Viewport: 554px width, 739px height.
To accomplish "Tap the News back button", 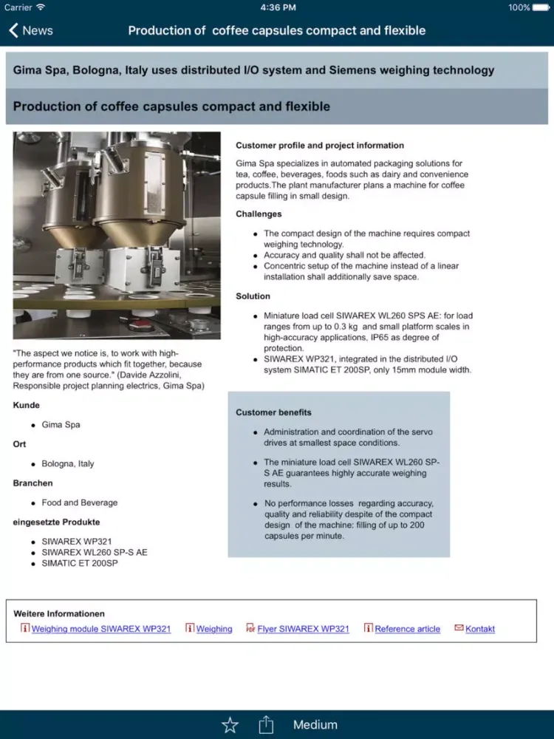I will (x=31, y=30).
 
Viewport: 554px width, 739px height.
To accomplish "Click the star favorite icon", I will (x=230, y=724).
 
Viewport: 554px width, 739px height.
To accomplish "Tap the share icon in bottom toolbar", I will (x=266, y=724).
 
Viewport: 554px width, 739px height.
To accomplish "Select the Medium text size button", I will (x=315, y=725).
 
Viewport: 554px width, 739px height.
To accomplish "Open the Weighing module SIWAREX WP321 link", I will (x=101, y=629).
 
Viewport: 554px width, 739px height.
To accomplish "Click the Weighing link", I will (x=214, y=629).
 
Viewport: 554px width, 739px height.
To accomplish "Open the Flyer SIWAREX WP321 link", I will (x=303, y=629).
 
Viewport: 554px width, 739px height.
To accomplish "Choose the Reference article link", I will (x=407, y=629).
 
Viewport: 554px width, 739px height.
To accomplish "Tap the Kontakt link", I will (x=480, y=629).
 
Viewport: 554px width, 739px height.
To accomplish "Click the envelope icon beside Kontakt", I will (x=459, y=628).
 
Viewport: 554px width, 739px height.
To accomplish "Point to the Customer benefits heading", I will (x=273, y=412).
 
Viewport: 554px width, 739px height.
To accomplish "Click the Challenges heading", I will (x=259, y=214).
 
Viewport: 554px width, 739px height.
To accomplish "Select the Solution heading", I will (x=253, y=296).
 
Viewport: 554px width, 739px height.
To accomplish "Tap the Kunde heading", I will (x=27, y=406).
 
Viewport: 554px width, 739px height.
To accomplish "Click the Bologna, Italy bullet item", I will (x=68, y=464).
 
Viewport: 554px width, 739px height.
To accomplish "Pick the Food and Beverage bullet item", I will (x=80, y=503).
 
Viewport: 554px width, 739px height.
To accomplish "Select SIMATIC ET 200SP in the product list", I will (x=80, y=563).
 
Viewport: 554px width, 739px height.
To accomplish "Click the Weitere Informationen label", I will (x=59, y=614).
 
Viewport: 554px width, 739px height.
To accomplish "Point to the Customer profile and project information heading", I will (x=320, y=146).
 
